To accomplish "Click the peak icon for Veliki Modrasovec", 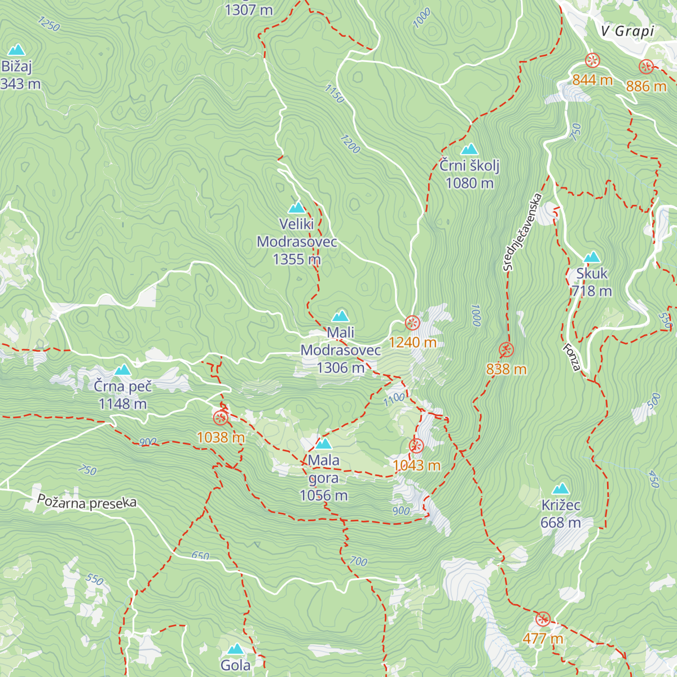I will click(x=296, y=208).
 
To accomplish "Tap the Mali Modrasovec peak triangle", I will click(x=340, y=316).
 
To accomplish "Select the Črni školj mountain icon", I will click(x=469, y=150).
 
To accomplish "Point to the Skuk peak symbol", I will click(x=592, y=257).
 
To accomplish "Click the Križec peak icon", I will click(x=561, y=489).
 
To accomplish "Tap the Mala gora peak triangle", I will click(x=324, y=443).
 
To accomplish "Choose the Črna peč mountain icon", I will click(x=122, y=370).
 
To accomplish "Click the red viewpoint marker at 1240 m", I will click(x=412, y=323).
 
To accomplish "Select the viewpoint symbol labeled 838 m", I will click(x=506, y=350).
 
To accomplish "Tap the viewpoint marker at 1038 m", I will click(x=221, y=418).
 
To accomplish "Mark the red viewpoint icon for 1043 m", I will click(x=416, y=446).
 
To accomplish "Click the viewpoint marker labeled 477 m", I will click(x=543, y=619).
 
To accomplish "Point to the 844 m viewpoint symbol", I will click(x=592, y=60).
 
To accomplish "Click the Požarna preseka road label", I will click(x=87, y=502).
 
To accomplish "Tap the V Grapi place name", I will click(x=627, y=31).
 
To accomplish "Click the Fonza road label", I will click(x=572, y=358).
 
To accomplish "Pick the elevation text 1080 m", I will click(x=469, y=183).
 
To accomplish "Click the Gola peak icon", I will click(x=235, y=649).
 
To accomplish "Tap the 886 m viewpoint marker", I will click(x=646, y=67).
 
